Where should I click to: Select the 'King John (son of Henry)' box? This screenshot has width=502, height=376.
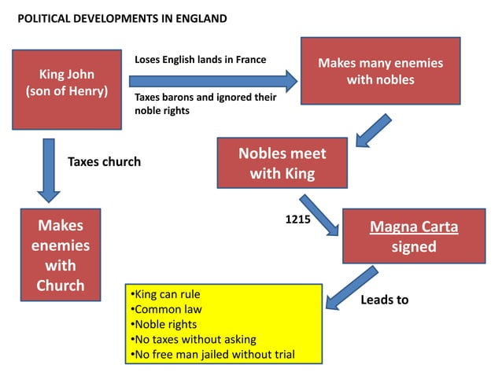(x=67, y=89)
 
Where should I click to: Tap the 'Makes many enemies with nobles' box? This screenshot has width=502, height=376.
(x=381, y=71)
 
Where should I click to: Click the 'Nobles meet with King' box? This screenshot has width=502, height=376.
(x=282, y=162)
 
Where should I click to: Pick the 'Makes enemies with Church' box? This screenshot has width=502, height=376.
(x=61, y=254)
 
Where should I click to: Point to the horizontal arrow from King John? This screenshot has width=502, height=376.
(x=212, y=80)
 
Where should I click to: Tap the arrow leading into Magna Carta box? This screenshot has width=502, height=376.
(x=319, y=213)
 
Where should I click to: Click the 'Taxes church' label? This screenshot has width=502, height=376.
(x=104, y=162)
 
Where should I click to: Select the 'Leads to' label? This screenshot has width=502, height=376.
(x=384, y=300)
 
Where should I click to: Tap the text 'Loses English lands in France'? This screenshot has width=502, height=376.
(x=201, y=60)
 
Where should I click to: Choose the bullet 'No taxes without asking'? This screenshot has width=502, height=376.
(x=194, y=339)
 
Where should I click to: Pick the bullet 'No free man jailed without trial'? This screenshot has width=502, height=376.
(x=212, y=354)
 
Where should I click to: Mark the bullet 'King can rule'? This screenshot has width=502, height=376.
(x=161, y=294)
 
